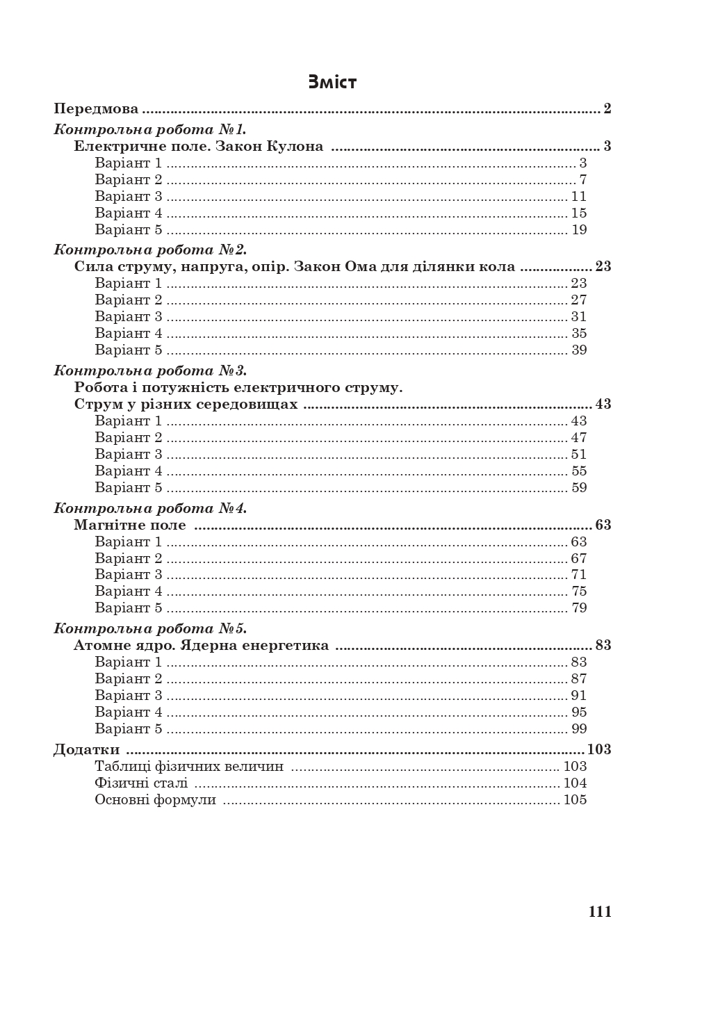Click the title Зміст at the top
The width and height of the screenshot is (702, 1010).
coord(332,82)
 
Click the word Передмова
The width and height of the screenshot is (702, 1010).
coord(96,109)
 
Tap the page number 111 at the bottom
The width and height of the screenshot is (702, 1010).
coord(600,912)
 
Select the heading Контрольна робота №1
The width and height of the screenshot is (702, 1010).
coord(150,129)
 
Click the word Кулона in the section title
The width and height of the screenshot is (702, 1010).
coord(295,147)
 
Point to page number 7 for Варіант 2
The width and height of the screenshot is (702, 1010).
coord(583,180)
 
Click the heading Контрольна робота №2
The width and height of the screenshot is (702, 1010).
coord(150,250)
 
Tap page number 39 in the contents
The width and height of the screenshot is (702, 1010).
coord(579,350)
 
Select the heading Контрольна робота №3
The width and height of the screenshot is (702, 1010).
coord(150,370)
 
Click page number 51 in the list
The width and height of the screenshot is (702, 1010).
coord(579,455)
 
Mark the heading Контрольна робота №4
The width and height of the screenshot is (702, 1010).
coord(150,508)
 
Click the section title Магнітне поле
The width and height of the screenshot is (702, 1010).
coord(130,526)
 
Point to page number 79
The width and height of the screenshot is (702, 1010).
coord(579,608)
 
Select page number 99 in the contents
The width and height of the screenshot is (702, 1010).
coord(579,729)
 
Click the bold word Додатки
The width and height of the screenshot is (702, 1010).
coord(87,750)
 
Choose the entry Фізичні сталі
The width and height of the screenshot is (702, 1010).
coord(141,783)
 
